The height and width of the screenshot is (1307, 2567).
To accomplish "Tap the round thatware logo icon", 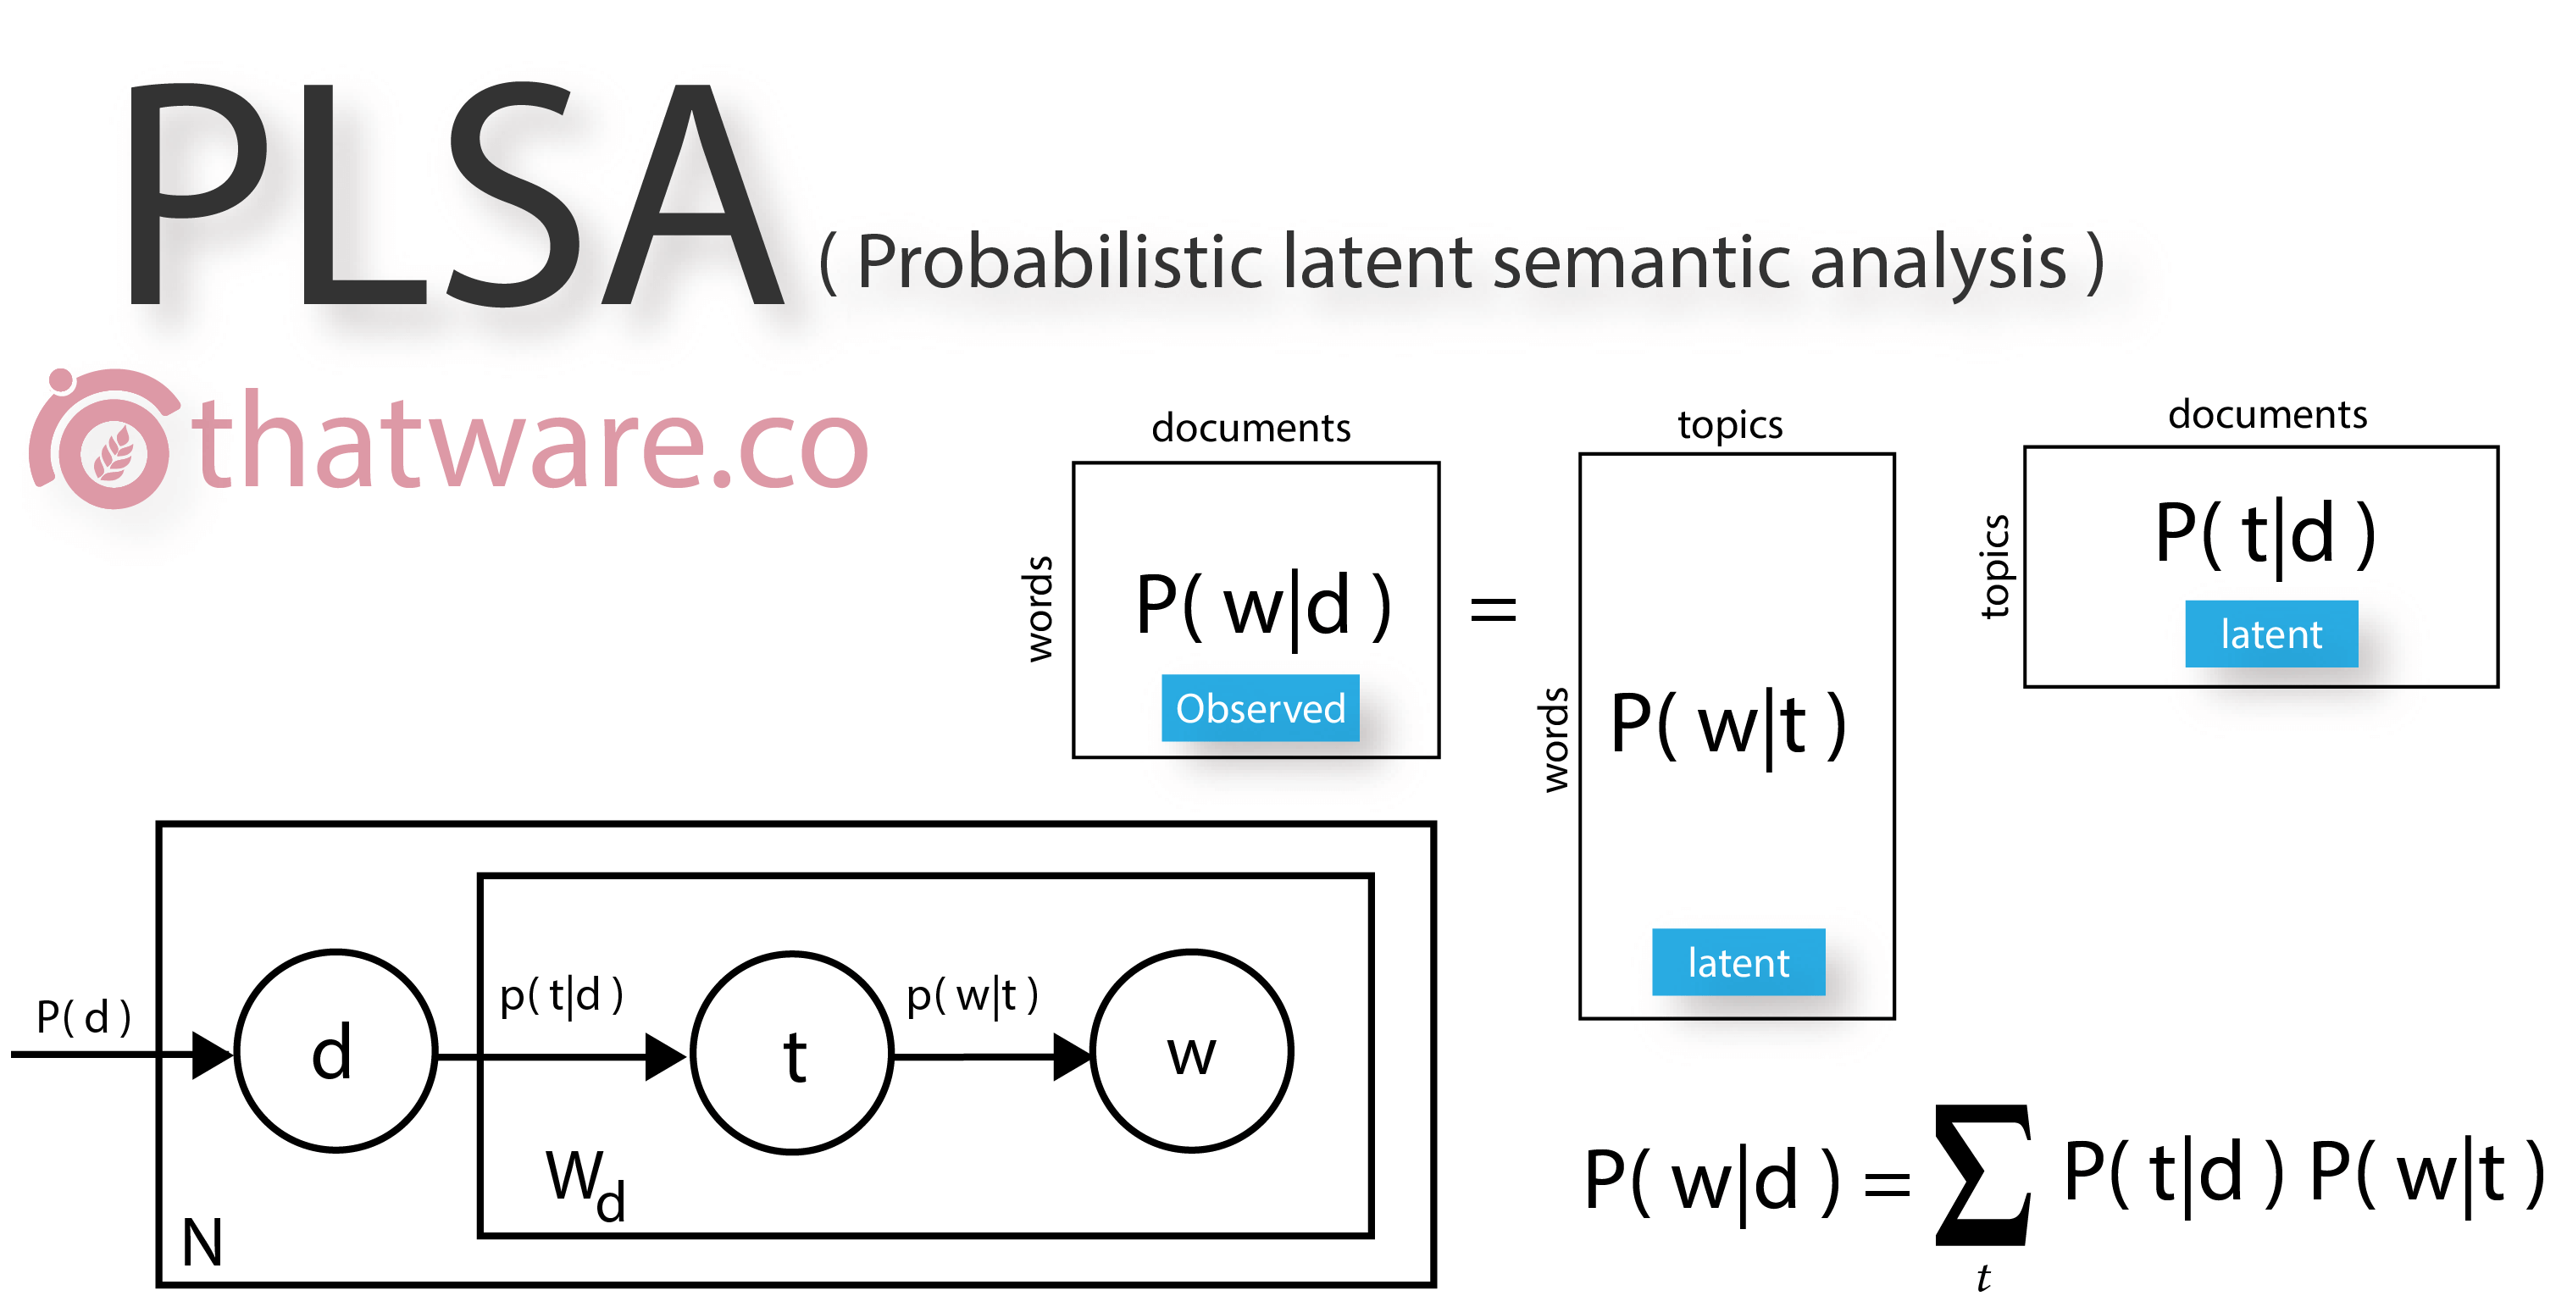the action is [x=105, y=438].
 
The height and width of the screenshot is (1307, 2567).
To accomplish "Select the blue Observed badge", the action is [x=1261, y=708].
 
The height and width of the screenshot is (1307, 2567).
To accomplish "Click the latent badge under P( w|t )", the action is [x=1739, y=962].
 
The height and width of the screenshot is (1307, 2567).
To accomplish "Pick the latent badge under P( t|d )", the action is [x=2272, y=634].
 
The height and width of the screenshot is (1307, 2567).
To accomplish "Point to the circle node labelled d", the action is [x=335, y=1051].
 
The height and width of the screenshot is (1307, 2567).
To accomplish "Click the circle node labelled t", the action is [x=793, y=1053].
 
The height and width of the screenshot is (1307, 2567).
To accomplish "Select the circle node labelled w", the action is [x=1192, y=1051].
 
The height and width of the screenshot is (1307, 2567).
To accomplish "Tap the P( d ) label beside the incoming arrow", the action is [x=84, y=1017].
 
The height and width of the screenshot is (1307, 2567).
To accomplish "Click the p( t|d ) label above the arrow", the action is [x=562, y=995].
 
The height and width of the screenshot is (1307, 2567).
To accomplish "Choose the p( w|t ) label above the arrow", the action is [x=973, y=995].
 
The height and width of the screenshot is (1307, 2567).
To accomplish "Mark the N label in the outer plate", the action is [x=202, y=1243].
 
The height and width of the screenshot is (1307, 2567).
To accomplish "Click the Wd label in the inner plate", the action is [x=586, y=1183].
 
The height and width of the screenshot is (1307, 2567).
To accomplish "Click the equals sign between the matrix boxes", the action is [x=1494, y=607].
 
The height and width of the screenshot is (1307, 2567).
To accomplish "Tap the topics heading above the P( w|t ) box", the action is [x=1731, y=424].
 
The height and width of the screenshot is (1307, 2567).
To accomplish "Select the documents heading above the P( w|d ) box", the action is [x=1251, y=428].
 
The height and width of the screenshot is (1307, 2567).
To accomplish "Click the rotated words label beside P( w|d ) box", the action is [x=1040, y=609].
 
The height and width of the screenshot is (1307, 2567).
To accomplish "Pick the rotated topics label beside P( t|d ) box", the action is [x=1995, y=567].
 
